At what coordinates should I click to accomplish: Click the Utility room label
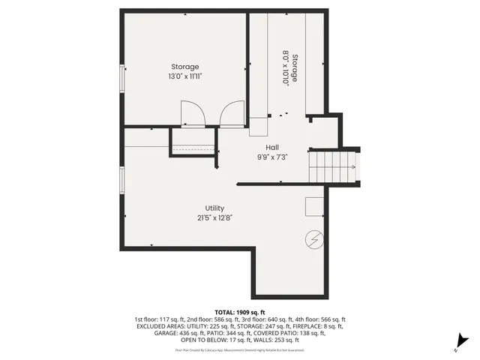click(x=214, y=208)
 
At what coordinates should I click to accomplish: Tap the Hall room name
click(x=273, y=147)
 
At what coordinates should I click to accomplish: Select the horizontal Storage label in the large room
click(x=184, y=67)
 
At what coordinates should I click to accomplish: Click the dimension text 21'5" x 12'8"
click(x=214, y=217)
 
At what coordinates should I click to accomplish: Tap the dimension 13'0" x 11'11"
click(x=184, y=76)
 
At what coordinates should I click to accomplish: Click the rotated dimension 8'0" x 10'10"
click(x=286, y=68)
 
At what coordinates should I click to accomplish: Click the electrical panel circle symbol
click(x=314, y=240)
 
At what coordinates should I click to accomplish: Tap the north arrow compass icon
click(x=463, y=342)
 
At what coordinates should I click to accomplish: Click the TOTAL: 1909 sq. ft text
click(x=240, y=311)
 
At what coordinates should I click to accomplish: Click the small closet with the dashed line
click(x=193, y=142)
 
